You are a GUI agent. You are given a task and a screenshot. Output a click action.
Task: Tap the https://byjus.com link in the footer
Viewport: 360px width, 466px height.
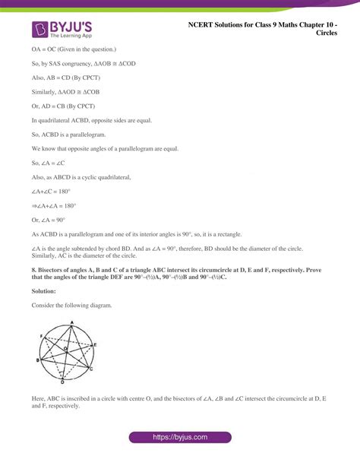click(x=180, y=439)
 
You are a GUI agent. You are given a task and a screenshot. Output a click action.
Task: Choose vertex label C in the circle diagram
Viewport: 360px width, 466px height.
click(x=92, y=367)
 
